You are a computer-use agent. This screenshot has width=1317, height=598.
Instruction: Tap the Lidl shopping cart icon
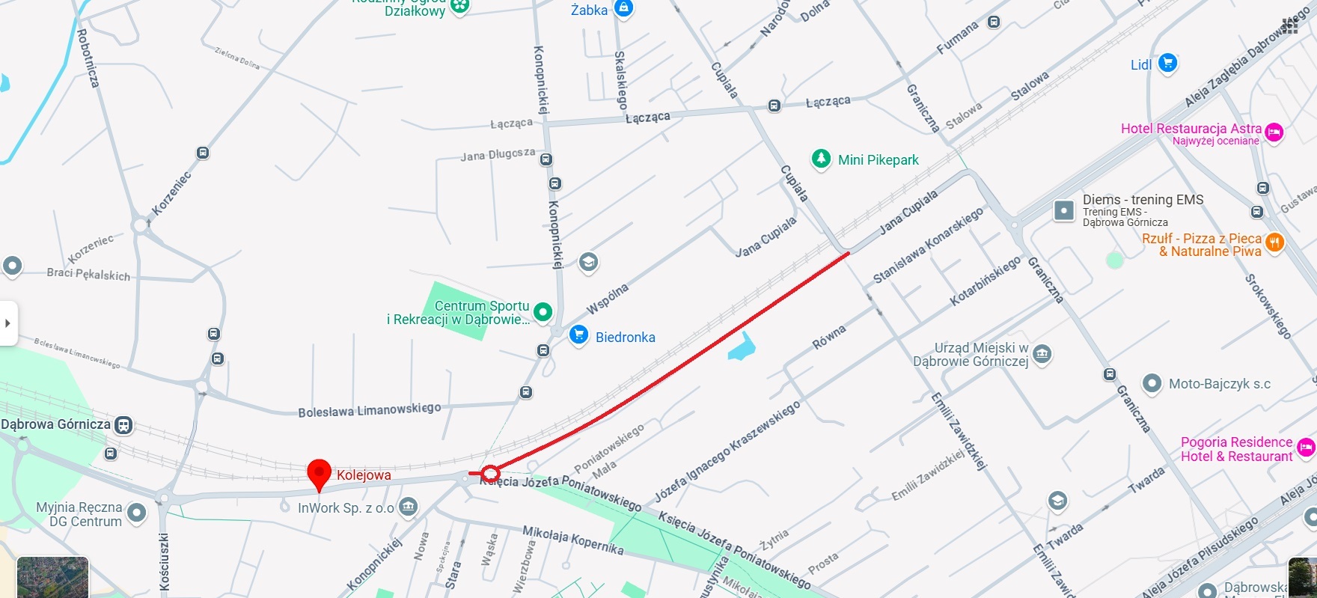1167,64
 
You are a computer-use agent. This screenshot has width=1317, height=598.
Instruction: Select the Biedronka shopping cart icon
578,335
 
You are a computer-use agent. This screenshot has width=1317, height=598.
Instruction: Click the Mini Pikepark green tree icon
822,159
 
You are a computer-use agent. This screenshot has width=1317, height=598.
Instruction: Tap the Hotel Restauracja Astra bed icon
1274,133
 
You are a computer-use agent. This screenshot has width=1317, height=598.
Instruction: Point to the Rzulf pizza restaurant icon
1274,242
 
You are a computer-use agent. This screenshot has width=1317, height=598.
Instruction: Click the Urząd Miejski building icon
1042,354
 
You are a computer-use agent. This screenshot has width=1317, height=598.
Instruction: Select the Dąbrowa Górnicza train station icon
123,425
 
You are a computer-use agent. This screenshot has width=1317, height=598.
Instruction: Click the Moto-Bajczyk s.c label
1219,384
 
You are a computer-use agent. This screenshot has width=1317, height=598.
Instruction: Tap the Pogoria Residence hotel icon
1306,448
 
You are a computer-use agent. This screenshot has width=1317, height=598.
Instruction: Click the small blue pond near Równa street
742,347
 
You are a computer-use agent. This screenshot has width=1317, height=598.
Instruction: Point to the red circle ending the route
490,473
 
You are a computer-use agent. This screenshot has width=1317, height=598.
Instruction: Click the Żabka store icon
623,9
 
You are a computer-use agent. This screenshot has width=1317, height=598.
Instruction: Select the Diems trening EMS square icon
1063,210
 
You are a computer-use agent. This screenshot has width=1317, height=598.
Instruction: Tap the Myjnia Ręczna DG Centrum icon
136,513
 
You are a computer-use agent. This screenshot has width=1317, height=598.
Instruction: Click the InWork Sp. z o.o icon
408,507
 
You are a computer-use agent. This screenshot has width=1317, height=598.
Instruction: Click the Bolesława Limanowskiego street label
369,410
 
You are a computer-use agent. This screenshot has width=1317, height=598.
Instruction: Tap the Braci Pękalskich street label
88,274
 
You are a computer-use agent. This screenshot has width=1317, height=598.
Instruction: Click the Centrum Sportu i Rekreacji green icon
543,311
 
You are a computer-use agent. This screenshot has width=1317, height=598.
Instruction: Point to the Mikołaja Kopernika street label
572,540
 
